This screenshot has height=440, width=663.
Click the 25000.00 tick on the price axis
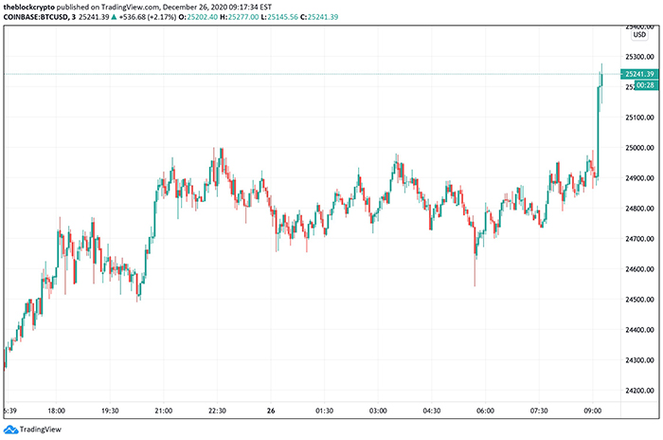638,148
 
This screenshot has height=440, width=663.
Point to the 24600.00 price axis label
638,269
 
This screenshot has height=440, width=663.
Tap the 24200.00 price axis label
638,391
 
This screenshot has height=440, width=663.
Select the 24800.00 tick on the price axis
638,209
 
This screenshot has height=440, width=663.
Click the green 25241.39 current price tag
639,74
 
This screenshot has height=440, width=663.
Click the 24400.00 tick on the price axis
638,330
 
